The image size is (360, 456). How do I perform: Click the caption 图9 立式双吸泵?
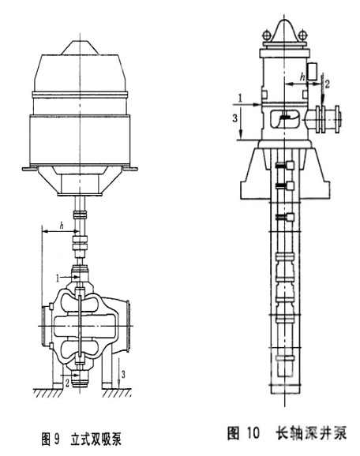click(81, 439)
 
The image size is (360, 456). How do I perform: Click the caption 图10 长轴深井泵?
click(287, 432)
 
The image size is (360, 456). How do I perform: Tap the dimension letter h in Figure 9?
click(62, 226)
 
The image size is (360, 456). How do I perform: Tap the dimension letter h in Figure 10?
click(302, 77)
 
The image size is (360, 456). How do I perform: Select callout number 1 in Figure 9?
click(58, 278)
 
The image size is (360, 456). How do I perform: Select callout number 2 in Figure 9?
click(67, 383)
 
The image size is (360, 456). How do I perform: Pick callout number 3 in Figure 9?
click(123, 375)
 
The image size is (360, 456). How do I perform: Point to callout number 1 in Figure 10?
click(240, 99)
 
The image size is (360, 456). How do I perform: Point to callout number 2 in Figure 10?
click(328, 84)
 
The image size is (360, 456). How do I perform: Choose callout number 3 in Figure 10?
click(234, 118)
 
